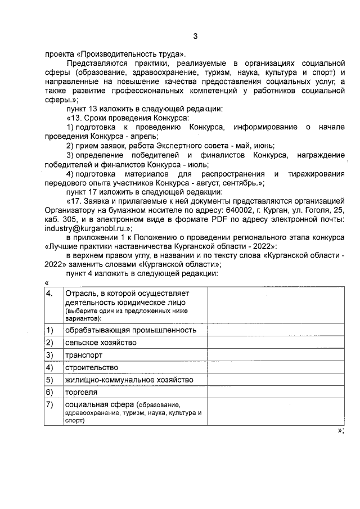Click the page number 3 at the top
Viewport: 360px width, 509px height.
(x=195, y=37)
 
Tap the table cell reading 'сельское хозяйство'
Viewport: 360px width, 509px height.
(x=101, y=343)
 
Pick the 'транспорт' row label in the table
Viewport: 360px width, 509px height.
(x=83, y=355)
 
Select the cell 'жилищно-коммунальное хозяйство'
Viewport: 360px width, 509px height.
(x=129, y=380)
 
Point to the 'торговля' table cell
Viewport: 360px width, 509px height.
(x=82, y=392)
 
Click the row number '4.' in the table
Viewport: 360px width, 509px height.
(x=50, y=294)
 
